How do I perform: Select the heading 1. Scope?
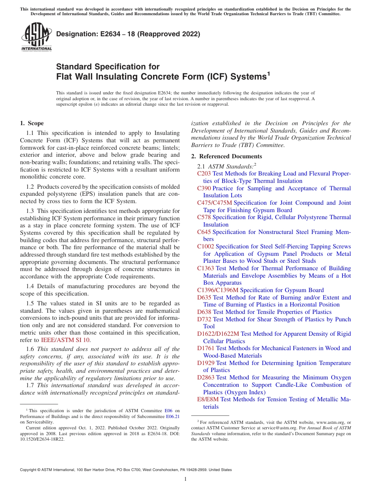[x=32, y=124]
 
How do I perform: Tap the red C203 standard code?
[x=204, y=174]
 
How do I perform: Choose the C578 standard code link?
[x=204, y=217]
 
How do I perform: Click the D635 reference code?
[x=204, y=298]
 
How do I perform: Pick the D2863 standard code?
[x=206, y=377]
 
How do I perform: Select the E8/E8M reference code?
[x=208, y=399]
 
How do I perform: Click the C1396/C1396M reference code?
[x=218, y=290]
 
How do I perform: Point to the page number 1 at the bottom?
[x=185, y=479]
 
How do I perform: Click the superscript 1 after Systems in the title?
[x=268, y=73]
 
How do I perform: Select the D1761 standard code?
[x=206, y=348]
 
